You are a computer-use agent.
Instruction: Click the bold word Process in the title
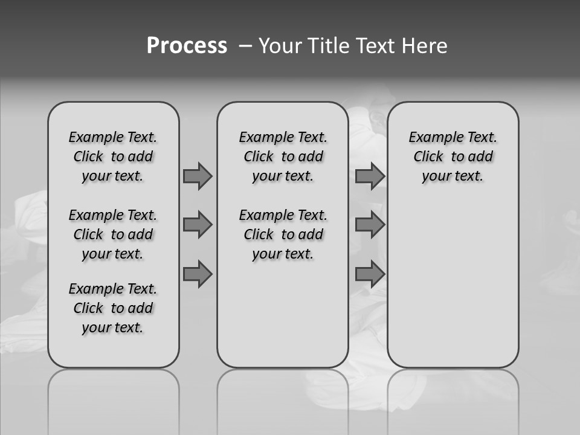pos(187,46)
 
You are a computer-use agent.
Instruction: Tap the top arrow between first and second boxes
pos(198,176)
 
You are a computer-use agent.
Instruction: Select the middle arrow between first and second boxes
pos(198,225)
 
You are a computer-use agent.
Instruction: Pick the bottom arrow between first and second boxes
pos(198,274)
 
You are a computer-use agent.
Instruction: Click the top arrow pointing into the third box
pos(370,176)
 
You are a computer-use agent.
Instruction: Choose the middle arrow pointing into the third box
pos(370,225)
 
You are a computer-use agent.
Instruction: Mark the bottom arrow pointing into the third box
pos(370,274)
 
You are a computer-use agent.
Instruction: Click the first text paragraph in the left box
pos(113,156)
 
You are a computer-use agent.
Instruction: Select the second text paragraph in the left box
pos(113,234)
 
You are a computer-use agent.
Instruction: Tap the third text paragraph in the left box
pos(113,308)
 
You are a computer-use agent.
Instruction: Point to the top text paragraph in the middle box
pos(283,156)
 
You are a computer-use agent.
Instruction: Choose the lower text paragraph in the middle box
pos(283,234)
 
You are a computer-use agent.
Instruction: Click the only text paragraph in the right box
pos(453,156)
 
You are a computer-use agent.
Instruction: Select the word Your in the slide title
pos(280,46)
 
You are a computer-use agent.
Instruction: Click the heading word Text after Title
pos(376,46)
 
